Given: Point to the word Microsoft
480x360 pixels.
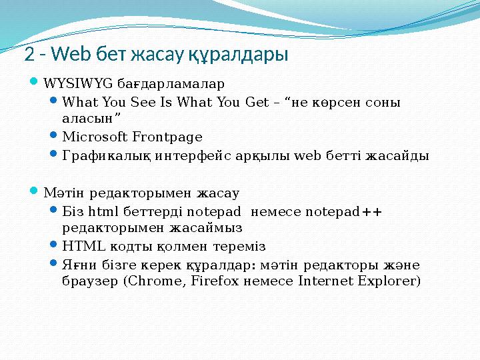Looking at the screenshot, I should tap(94, 137).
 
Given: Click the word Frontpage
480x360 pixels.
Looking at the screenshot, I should tap(167, 137).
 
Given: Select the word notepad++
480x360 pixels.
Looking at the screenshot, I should tap(344, 213).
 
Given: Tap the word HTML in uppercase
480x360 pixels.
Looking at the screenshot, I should tap(79, 245).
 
